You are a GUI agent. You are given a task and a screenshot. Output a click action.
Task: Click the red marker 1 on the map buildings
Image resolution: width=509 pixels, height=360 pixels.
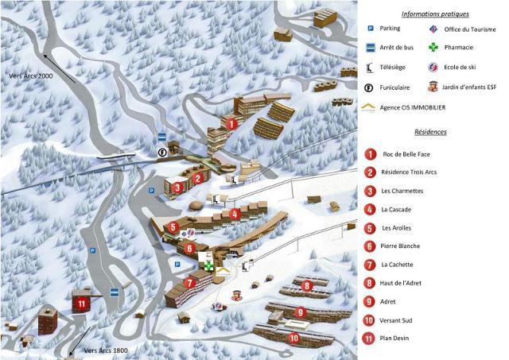231,124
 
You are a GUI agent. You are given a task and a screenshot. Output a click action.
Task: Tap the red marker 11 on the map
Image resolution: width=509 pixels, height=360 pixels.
80,303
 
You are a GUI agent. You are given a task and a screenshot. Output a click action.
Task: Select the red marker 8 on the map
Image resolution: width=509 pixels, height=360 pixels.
305,285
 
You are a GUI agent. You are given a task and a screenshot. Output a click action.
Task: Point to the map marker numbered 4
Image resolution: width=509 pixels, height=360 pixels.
235,214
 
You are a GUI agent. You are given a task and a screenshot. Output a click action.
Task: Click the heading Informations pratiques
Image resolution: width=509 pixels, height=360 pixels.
435,14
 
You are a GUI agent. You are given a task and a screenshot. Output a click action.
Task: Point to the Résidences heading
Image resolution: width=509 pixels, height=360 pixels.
430,132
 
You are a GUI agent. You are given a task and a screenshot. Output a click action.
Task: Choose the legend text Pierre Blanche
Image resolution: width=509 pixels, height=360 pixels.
401,246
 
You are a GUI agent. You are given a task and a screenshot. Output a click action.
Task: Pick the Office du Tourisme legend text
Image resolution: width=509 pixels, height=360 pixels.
470,29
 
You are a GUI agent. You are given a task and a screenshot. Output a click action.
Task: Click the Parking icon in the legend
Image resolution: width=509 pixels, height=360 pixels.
371,29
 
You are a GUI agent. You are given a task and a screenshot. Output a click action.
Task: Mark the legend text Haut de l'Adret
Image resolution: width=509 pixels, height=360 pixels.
405,282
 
